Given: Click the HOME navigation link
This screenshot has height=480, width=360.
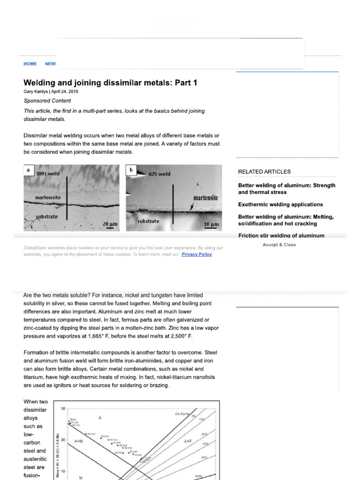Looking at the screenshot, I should (30, 64).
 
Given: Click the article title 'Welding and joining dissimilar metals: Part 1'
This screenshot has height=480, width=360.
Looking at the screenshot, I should (111, 83).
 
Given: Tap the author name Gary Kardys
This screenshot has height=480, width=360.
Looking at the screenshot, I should (37, 92).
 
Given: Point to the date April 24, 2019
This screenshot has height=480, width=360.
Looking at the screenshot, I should (66, 92).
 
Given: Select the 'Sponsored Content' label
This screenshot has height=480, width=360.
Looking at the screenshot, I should (47, 101).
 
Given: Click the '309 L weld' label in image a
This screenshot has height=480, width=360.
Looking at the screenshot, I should (48, 173).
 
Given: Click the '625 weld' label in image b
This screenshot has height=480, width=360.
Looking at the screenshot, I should (159, 174).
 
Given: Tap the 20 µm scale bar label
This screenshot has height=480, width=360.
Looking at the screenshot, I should (110, 225).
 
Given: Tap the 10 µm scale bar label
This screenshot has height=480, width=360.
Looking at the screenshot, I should (211, 225).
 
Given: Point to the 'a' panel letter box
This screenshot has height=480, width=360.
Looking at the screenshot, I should (29, 170).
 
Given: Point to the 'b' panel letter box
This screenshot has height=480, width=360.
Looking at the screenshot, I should (131, 170).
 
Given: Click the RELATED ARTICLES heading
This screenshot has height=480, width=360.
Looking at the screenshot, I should (264, 172).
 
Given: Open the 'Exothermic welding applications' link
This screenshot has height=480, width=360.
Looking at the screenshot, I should (280, 204).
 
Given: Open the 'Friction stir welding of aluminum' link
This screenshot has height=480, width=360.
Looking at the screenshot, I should (281, 236).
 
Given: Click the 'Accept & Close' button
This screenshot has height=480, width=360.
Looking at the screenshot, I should (279, 245).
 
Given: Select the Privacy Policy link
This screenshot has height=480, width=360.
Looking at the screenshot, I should (196, 254).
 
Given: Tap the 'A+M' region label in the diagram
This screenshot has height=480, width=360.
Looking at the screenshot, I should (79, 441).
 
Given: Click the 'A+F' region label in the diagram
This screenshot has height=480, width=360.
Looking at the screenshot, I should (188, 441).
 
